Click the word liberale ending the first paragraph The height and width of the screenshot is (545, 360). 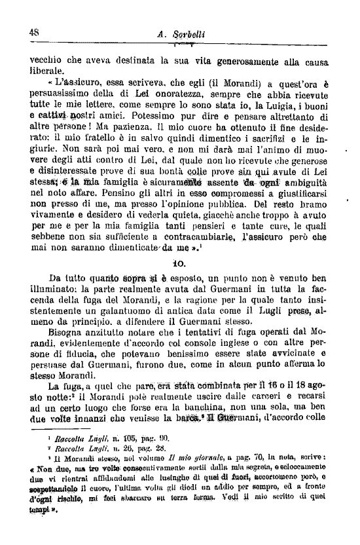coord(47,70)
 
